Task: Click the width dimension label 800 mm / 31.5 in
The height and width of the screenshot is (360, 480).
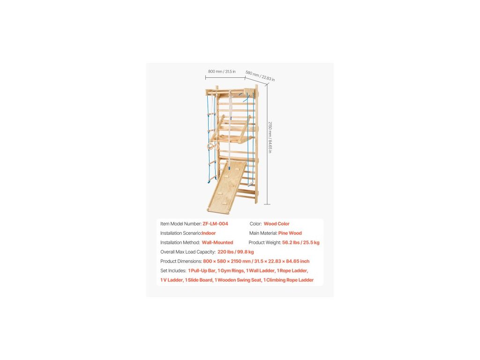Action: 222,71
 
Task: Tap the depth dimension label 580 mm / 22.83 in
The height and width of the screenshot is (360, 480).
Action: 260,76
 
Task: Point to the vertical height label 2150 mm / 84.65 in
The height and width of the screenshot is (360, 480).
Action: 270,137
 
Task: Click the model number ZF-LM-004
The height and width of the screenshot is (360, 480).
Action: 215,224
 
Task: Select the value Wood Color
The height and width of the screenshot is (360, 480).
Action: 277,224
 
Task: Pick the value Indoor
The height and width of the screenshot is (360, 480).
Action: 209,233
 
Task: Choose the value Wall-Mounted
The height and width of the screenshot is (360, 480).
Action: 217,242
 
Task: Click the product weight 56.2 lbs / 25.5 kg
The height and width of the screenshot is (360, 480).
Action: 300,242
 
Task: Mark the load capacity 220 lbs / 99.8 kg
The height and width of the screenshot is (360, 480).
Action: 236,252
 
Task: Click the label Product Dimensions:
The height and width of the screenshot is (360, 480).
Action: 181,261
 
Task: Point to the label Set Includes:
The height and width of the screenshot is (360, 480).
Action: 173,270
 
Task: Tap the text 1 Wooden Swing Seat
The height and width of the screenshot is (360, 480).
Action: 238,280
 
